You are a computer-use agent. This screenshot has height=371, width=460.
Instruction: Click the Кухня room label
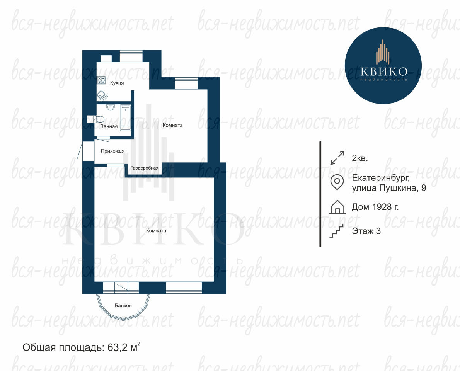click(x=117, y=83)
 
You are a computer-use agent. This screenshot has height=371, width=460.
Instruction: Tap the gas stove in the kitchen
click(x=102, y=80)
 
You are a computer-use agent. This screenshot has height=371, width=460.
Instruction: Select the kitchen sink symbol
click(x=102, y=95)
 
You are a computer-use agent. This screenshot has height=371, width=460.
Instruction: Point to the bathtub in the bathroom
click(x=126, y=117)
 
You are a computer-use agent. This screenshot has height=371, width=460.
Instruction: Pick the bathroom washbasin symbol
click(x=111, y=107)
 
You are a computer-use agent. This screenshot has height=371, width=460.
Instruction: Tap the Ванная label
click(x=109, y=126)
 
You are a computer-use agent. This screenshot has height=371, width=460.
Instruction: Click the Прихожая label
click(x=112, y=151)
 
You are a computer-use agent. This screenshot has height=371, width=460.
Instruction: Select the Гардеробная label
click(x=144, y=168)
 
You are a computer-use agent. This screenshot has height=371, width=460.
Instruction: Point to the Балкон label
click(x=123, y=305)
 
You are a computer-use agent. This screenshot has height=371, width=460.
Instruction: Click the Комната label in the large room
click(x=156, y=230)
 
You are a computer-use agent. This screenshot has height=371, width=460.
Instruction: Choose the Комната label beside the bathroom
click(x=172, y=125)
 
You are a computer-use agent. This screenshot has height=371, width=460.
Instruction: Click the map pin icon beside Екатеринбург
click(x=337, y=182)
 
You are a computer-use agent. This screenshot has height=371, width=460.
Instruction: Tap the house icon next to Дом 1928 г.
click(x=337, y=207)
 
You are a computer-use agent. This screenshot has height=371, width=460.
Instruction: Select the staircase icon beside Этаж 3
click(x=336, y=231)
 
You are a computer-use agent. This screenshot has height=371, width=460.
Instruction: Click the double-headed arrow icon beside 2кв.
click(x=337, y=158)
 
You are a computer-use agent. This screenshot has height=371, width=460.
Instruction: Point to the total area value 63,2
click(x=118, y=347)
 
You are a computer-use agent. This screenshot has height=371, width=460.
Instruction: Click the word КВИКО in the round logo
click(x=384, y=71)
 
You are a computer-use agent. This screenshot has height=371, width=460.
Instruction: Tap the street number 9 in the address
click(x=424, y=188)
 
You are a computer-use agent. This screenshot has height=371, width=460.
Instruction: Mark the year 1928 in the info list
click(x=382, y=207)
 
